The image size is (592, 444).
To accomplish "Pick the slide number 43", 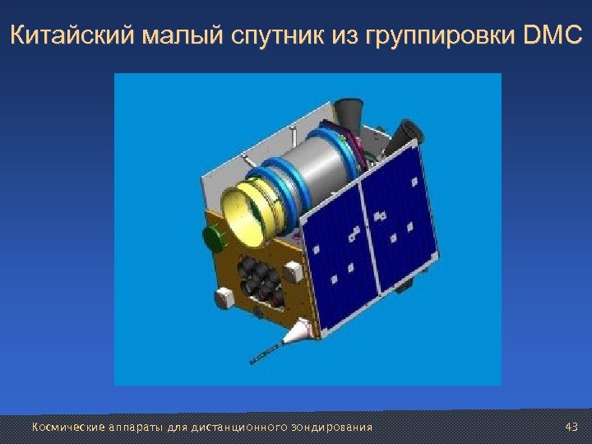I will (x=572, y=427).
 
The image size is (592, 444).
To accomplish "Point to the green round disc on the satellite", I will (x=212, y=239).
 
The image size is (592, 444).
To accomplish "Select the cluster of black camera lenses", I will (x=258, y=280).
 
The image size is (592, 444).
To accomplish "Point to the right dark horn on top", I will (x=409, y=132).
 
